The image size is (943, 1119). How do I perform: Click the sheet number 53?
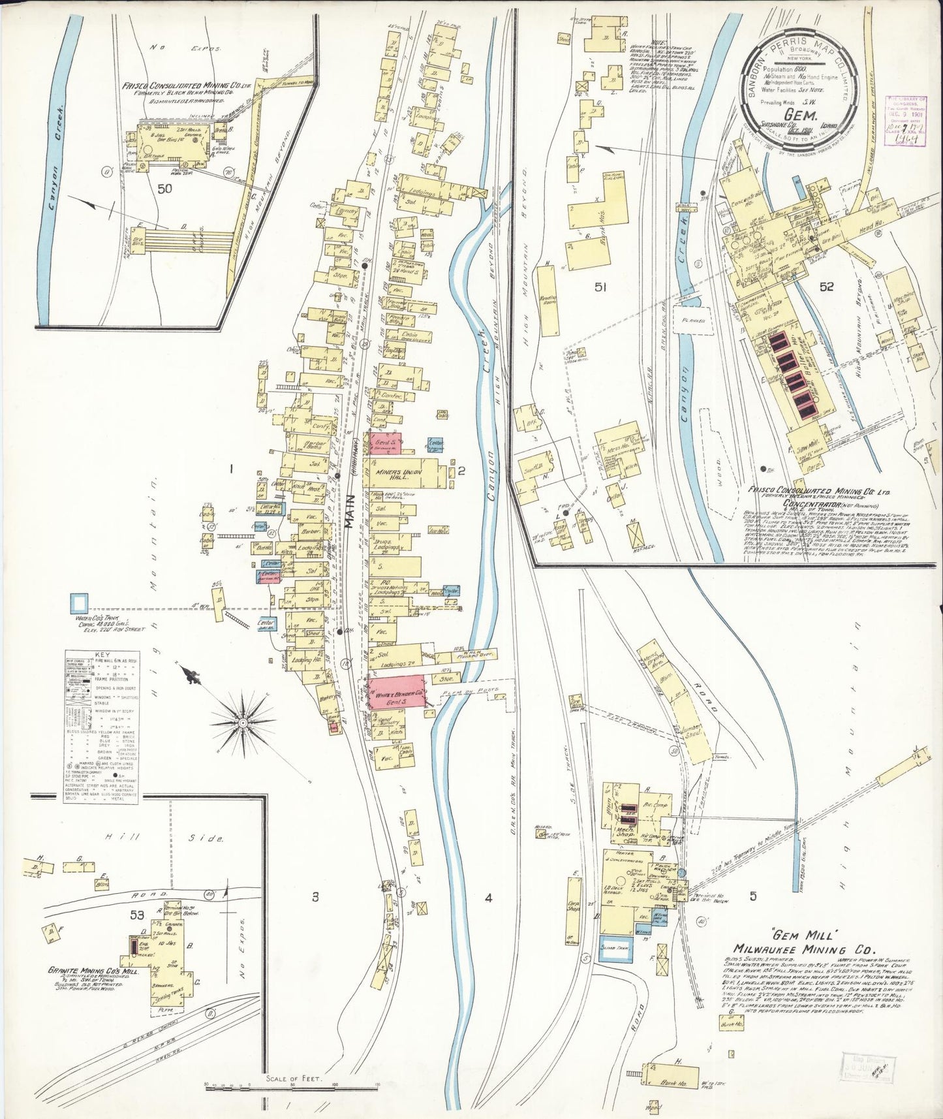[x=136, y=915]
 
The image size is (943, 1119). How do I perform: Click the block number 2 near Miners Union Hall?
[x=461, y=470]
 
